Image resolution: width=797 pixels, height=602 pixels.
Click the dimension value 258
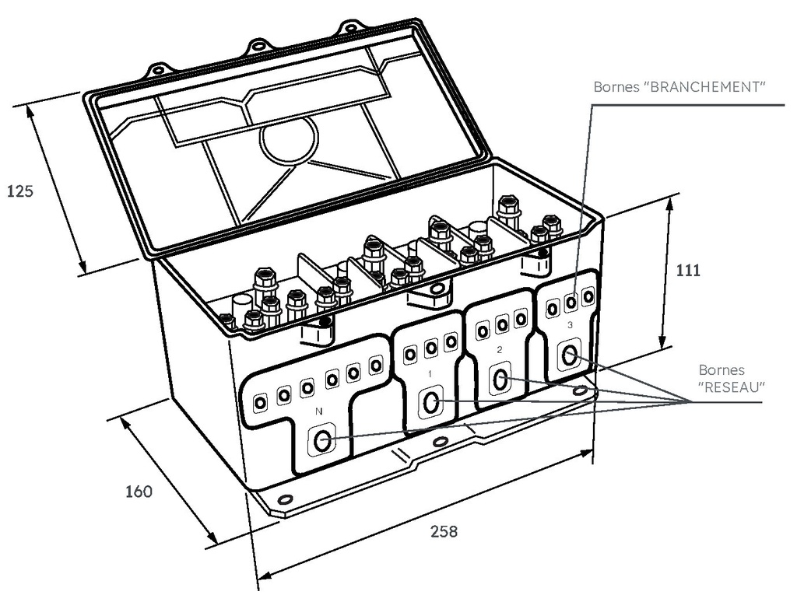444,531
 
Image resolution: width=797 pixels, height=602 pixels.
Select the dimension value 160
139,492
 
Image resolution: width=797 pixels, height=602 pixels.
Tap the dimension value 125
19,191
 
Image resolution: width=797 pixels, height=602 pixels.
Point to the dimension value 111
688,270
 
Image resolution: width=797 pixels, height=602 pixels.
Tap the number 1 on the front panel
430,374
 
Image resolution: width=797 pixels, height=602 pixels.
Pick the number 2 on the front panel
499,349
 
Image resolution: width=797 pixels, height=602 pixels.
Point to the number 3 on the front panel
569,325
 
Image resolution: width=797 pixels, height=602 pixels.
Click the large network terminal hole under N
321,441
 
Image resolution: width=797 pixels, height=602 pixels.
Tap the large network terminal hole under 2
500,379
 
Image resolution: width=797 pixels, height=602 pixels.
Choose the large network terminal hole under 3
569,355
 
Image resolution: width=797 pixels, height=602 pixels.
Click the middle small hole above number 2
502,325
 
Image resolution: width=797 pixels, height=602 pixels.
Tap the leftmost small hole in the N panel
260,403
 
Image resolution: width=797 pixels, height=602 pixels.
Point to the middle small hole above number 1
431,348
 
